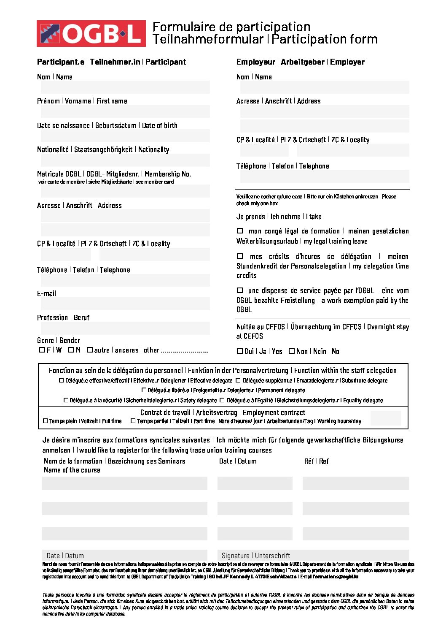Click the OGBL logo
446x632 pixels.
pyautogui.click(x=91, y=33)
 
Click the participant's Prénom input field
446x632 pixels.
pyautogui.click(x=125, y=111)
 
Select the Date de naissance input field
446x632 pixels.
pyautogui.click(x=125, y=136)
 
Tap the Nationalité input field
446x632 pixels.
pyautogui.click(x=125, y=160)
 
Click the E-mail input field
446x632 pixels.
pyautogui.click(x=125, y=304)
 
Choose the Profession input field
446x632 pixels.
pyautogui.click(x=125, y=328)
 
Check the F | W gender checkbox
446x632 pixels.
pyautogui.click(x=42, y=350)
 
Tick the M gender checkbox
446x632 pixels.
pyautogui.click(x=71, y=350)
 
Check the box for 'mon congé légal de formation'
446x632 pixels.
pyautogui.click(x=240, y=231)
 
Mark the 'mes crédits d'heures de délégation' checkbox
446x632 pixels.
pyautogui.click(x=240, y=256)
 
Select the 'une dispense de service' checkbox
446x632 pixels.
pyautogui.click(x=240, y=290)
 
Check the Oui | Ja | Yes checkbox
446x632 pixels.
pyautogui.click(x=240, y=351)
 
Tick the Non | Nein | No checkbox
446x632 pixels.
pyautogui.click(x=291, y=351)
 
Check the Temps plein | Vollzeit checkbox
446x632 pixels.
pyautogui.click(x=46, y=421)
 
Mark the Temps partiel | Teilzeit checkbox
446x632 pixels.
pyautogui.click(x=133, y=421)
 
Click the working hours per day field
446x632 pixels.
pyautogui.click(x=386, y=418)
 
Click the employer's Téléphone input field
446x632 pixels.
pyautogui.click(x=325, y=176)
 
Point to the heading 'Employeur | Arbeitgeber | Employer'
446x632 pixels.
pyautogui.click(x=300, y=62)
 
